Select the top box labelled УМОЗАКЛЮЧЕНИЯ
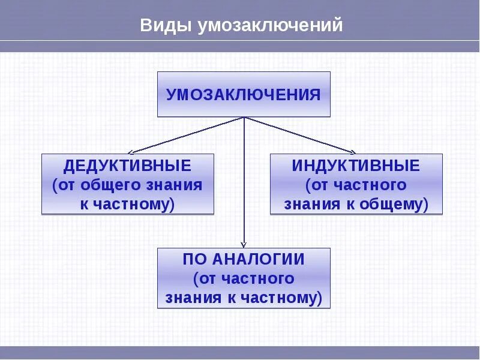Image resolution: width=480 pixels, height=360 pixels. point(244,94)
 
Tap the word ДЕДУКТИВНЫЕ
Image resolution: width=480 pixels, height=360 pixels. point(127,166)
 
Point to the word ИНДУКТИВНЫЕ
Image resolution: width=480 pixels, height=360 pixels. point(356,166)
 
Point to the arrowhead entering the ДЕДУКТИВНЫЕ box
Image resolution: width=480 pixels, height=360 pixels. point(133,152)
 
